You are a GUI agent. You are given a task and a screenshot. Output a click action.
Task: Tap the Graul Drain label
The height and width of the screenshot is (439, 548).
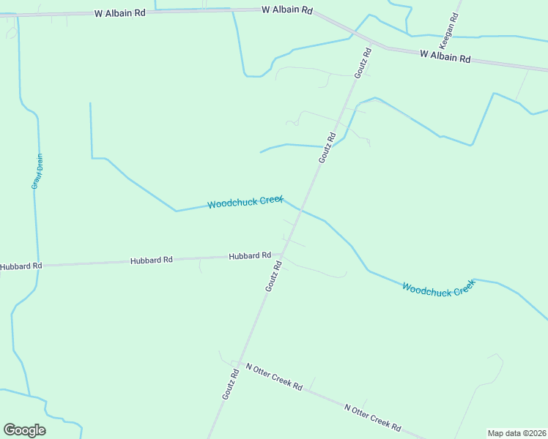click(37, 170)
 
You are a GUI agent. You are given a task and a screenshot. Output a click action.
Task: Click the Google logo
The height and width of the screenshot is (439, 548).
click(24, 430)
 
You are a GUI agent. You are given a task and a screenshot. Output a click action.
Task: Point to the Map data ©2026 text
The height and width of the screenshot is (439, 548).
click(516, 433)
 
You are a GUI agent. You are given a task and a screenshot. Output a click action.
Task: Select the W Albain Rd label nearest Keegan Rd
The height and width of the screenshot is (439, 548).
click(445, 56)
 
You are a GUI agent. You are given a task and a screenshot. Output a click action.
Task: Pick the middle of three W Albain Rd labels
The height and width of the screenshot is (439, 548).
click(288, 10)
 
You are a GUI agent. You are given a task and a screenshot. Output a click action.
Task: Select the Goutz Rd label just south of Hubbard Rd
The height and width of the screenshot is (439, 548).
click(273, 277)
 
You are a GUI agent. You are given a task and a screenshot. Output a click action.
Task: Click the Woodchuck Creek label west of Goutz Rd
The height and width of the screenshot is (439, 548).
click(245, 201)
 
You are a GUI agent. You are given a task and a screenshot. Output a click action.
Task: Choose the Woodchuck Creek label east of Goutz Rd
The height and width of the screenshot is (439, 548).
click(440, 288)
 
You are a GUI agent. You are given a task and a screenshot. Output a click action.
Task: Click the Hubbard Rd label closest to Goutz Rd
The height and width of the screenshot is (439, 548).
click(250, 256)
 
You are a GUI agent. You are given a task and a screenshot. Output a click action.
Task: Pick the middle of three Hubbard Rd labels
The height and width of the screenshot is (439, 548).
click(152, 260)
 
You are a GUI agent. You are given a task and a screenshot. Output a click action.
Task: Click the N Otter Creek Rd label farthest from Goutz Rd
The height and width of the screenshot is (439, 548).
click(373, 416)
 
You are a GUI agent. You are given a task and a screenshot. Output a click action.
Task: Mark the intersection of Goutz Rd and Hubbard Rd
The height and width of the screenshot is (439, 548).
click(283, 255)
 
